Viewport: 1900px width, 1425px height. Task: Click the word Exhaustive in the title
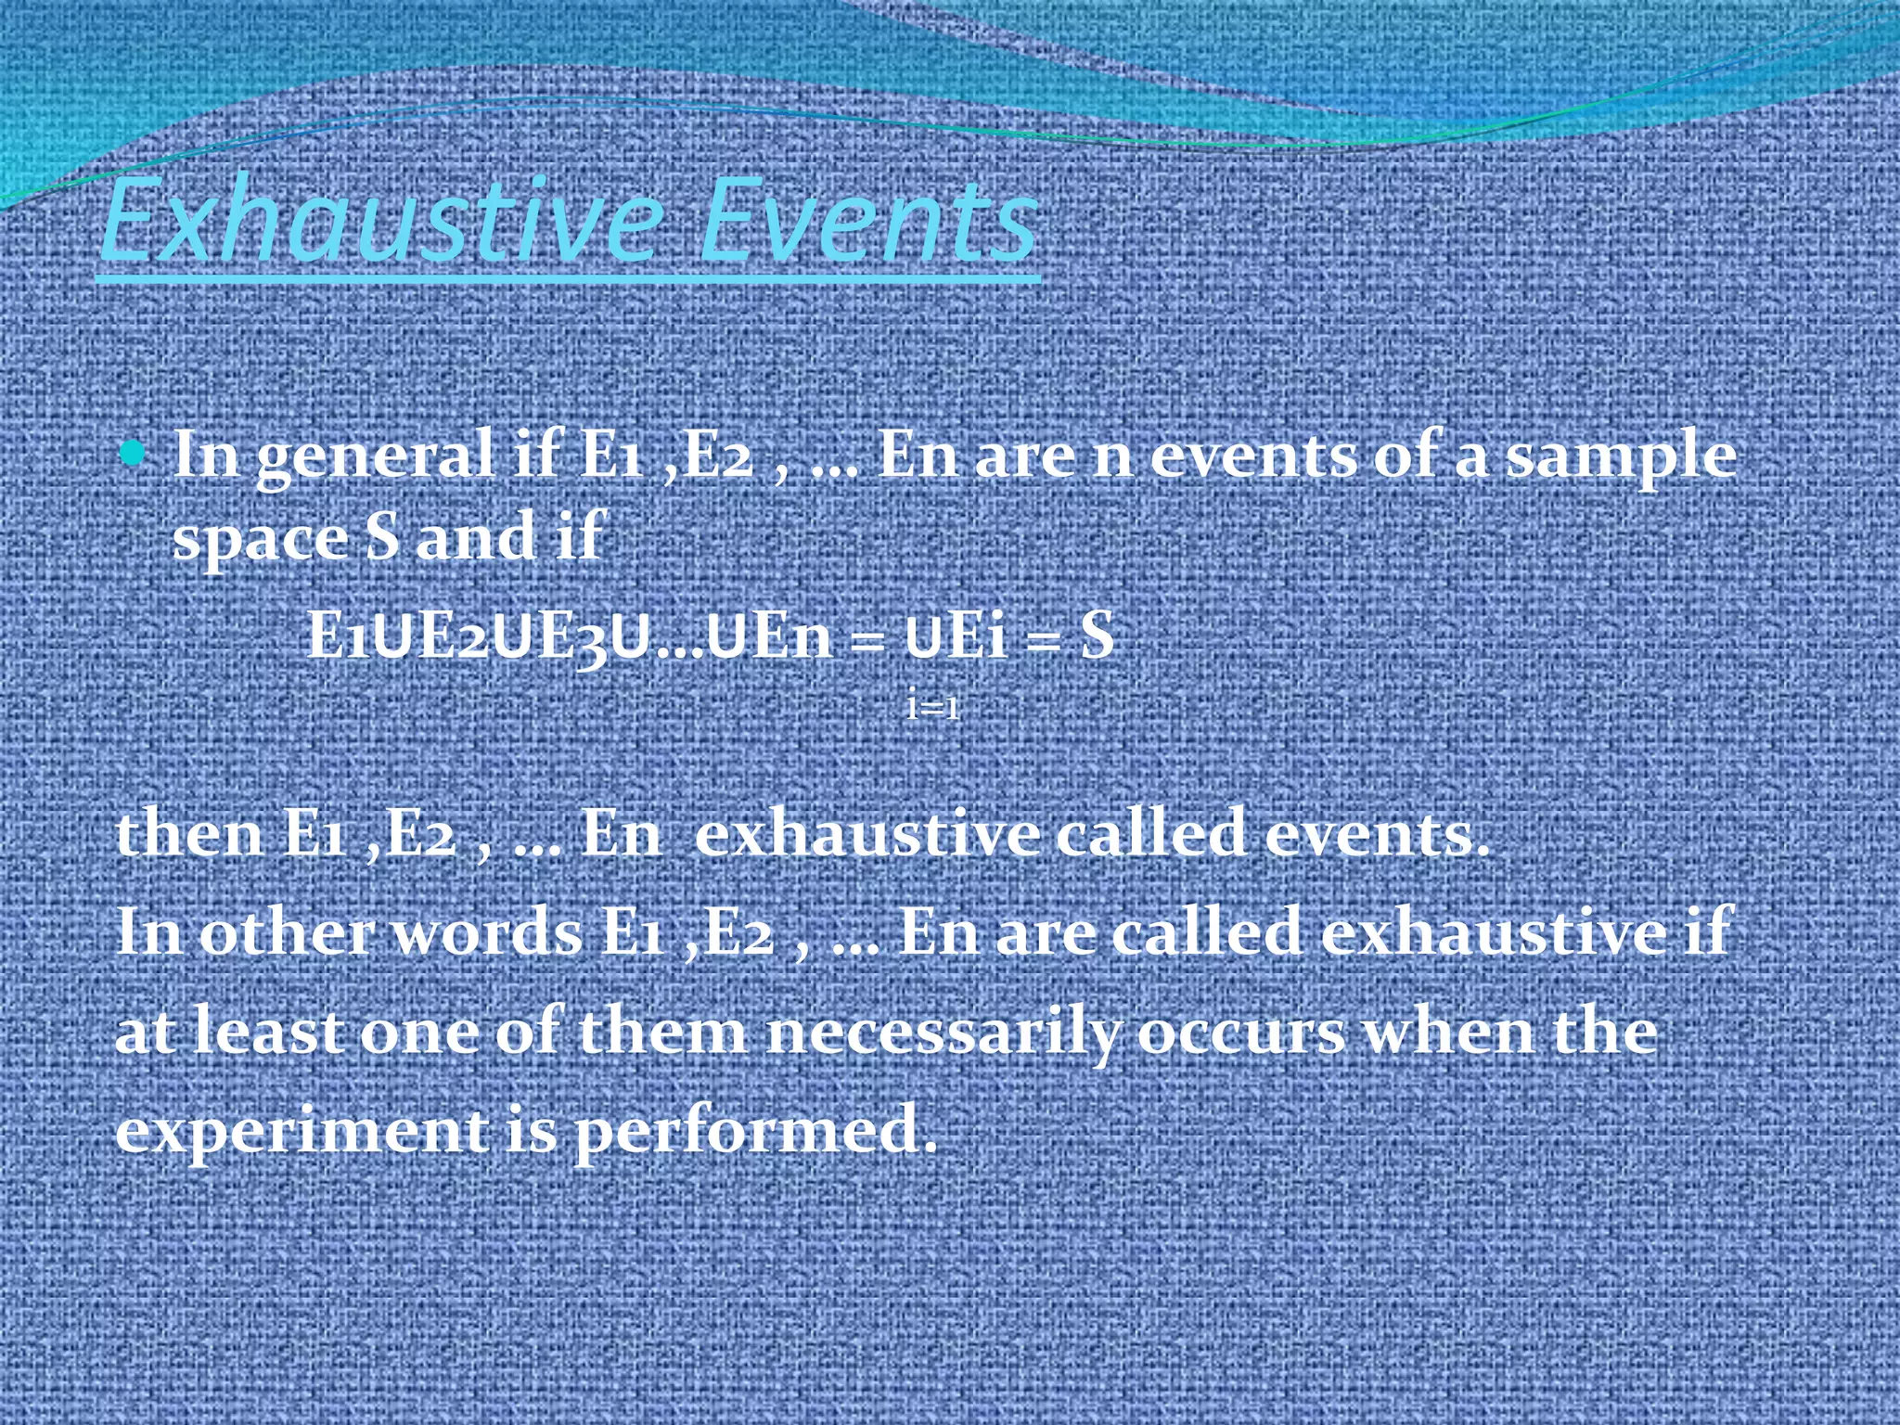[380, 221]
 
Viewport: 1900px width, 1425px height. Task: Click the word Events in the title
[867, 221]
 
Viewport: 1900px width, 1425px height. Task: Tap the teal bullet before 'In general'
[135, 454]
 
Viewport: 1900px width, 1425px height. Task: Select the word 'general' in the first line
[375, 457]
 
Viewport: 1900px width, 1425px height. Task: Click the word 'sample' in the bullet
[1620, 457]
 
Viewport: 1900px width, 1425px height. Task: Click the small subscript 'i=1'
[933, 707]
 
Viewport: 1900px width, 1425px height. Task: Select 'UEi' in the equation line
[956, 637]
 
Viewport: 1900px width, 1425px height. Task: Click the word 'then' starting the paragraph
[190, 833]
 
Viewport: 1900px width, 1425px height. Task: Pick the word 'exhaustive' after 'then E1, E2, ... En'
[867, 833]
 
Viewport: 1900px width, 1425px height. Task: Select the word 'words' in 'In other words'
[488, 932]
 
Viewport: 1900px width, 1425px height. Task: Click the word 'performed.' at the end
[756, 1132]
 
